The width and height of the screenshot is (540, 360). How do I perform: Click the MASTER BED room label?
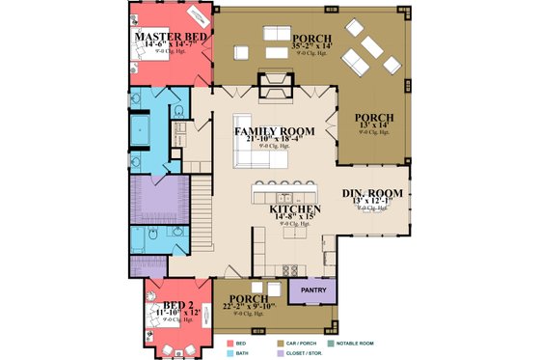click(x=170, y=38)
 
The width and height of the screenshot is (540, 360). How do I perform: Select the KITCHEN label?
click(x=295, y=208)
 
